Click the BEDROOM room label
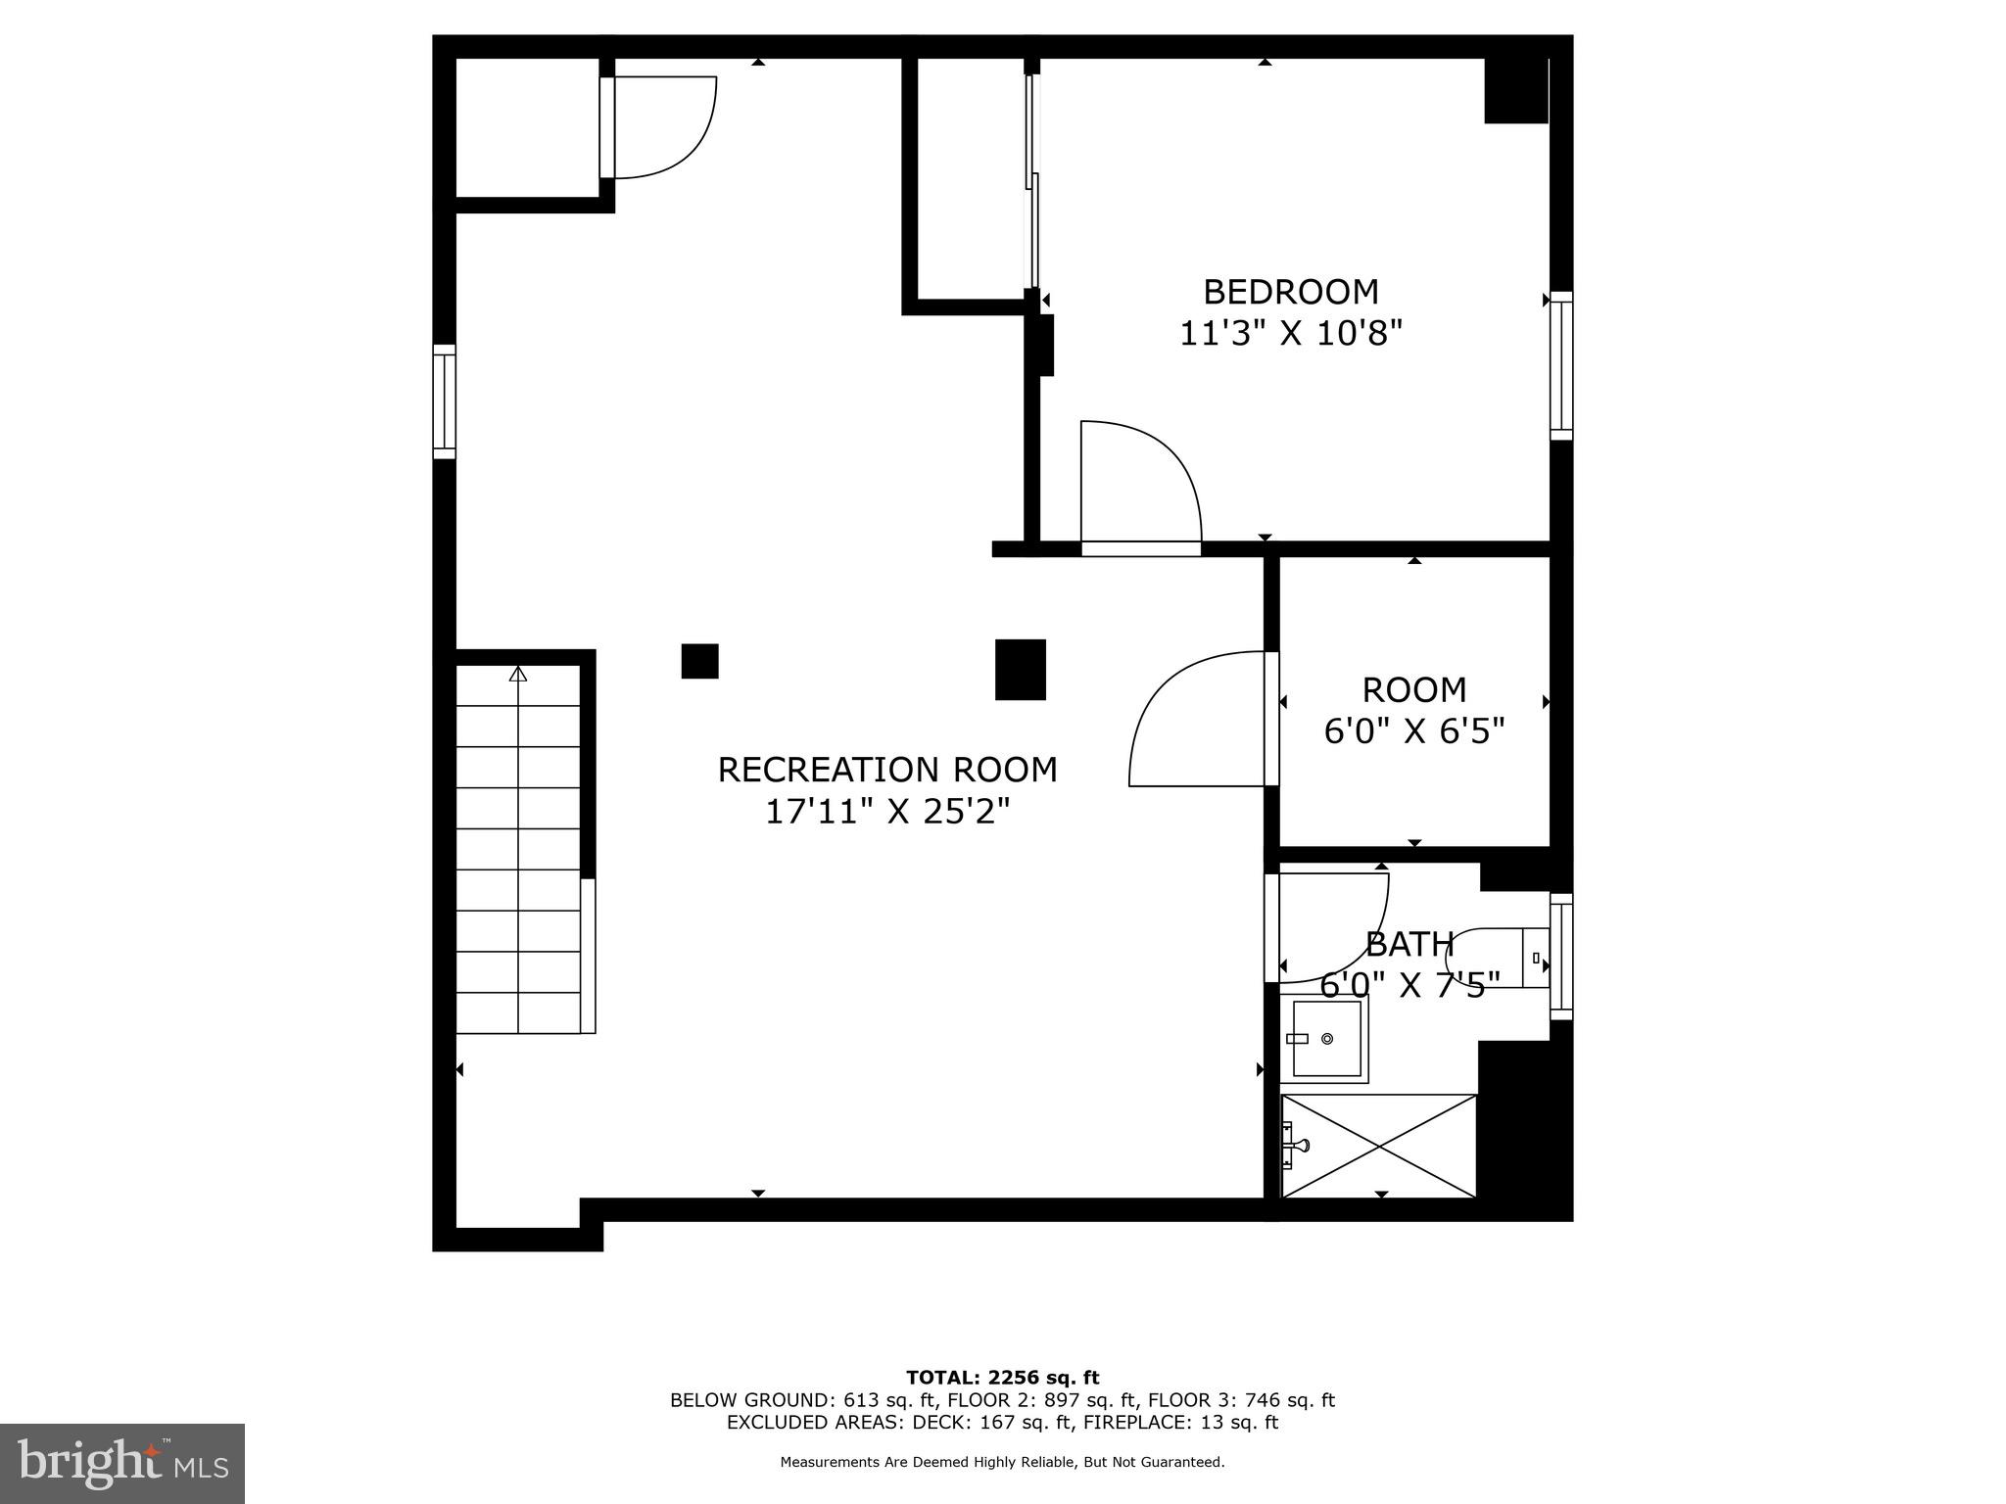tap(1290, 292)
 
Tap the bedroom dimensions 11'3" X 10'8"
tap(1290, 334)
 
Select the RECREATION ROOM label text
tap(887, 770)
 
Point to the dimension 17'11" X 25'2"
tap(887, 812)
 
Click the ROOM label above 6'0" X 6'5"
tap(1413, 690)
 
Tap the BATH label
tap(1409, 944)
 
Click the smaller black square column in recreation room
tap(699, 661)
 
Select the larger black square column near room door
tap(1020, 670)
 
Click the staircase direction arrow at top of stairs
tap(518, 674)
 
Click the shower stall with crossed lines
tap(1378, 1146)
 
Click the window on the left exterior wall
tap(445, 401)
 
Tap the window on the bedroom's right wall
tap(1560, 365)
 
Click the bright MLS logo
tap(122, 1463)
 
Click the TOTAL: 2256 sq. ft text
tap(1002, 1378)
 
